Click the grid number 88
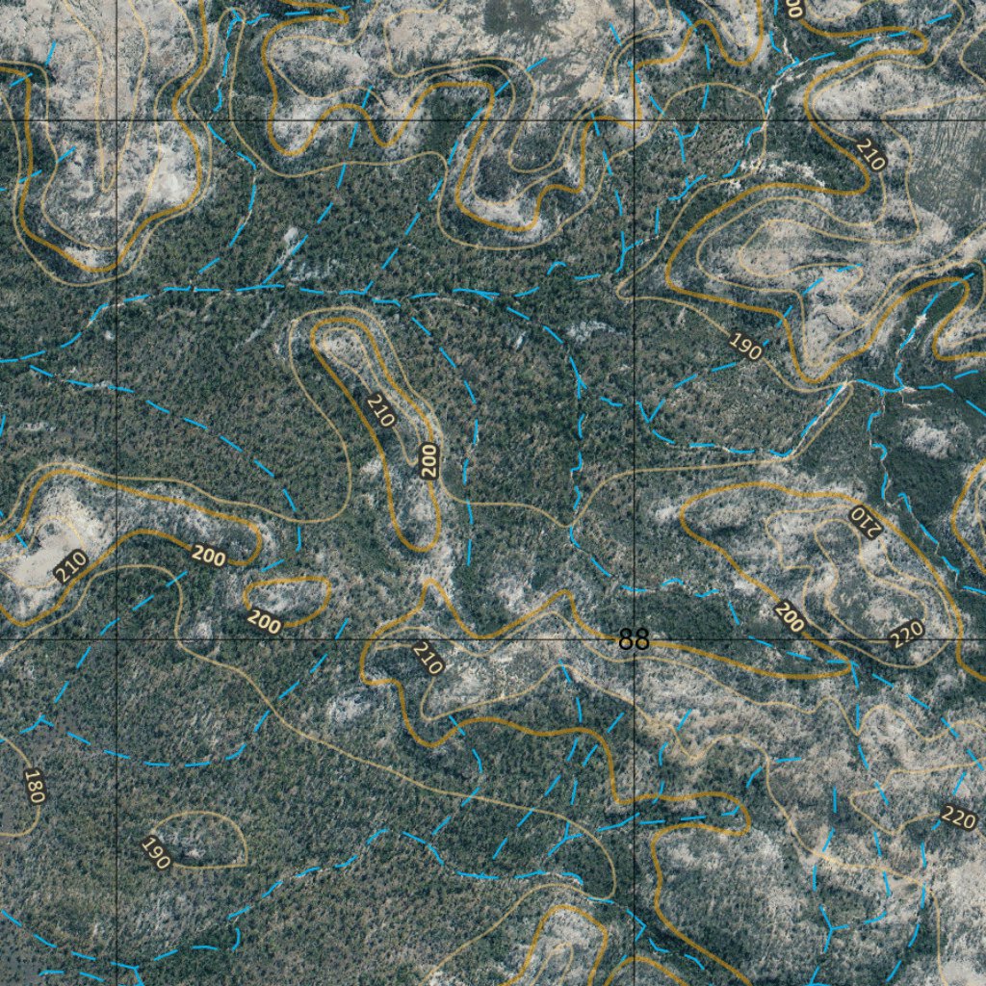pos(634,640)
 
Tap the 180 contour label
pos(35,786)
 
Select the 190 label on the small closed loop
pos(156,853)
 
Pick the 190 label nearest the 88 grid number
pos(745,347)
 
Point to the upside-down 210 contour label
pos(864,519)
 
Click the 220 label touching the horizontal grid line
pos(906,634)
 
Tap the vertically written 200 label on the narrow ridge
pos(429,460)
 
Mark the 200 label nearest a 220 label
pos(789,617)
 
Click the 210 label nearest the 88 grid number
pos(427,658)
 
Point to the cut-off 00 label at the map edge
pos(793,9)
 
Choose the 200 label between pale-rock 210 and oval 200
pos(208,555)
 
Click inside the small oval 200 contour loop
pos(289,597)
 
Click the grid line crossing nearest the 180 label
pos(117,639)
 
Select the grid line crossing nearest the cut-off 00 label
pos(635,120)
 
